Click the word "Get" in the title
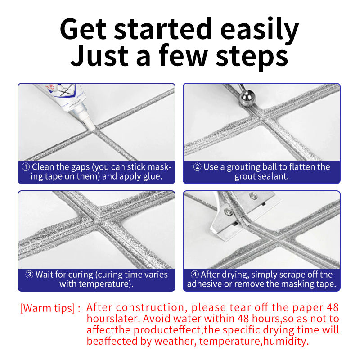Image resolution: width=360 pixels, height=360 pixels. [x=83, y=29]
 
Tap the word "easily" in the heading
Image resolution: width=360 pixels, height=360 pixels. [x=260, y=31]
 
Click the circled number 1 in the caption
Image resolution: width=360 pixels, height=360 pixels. [x=26, y=167]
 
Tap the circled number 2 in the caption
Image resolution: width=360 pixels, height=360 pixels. [x=197, y=167]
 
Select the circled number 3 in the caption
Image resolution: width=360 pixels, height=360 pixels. [x=29, y=274]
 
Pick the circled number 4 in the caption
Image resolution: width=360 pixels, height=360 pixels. [x=194, y=274]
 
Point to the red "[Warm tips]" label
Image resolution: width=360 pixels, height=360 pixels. [x=48, y=308]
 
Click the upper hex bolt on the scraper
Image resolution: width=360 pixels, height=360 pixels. [x=253, y=195]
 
